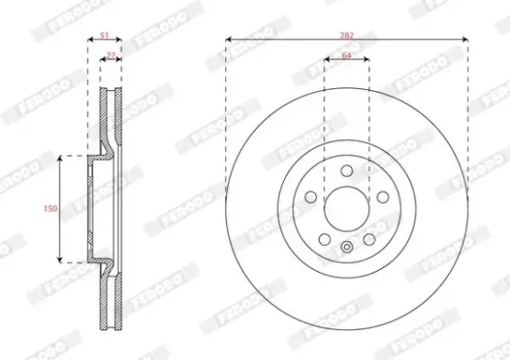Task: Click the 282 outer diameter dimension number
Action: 347,34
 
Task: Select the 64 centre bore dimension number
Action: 347,57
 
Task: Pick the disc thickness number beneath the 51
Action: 110,57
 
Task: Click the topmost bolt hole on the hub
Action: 347,171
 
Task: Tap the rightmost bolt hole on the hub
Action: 382,197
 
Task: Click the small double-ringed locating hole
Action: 347,247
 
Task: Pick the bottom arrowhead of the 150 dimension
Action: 61,258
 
